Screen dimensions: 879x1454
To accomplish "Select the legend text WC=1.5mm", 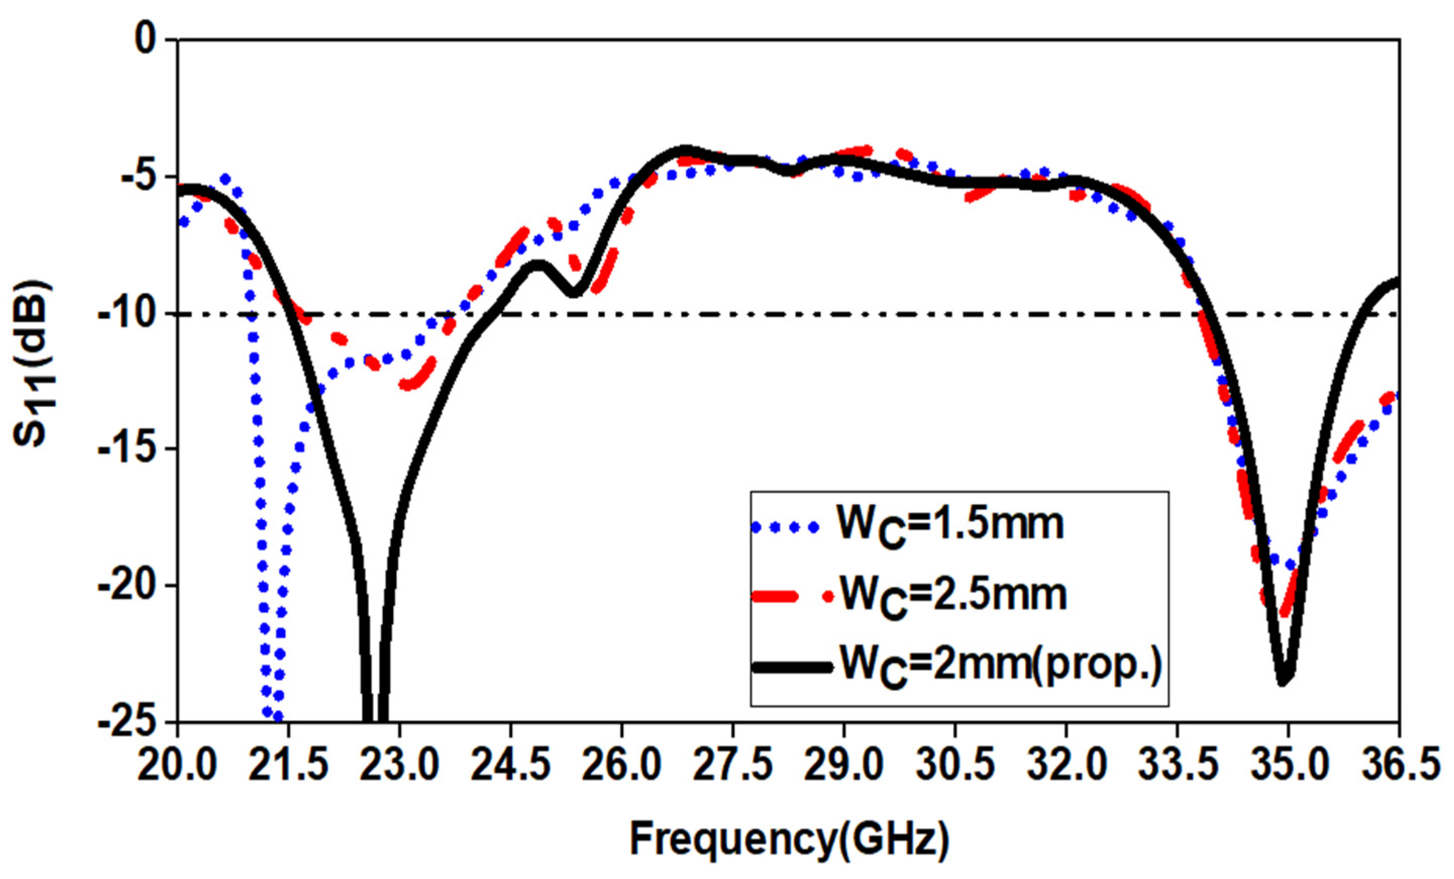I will (950, 524).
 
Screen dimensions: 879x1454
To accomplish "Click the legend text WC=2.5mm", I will (953, 594).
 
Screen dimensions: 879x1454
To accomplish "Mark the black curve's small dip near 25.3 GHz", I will (573, 293).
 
